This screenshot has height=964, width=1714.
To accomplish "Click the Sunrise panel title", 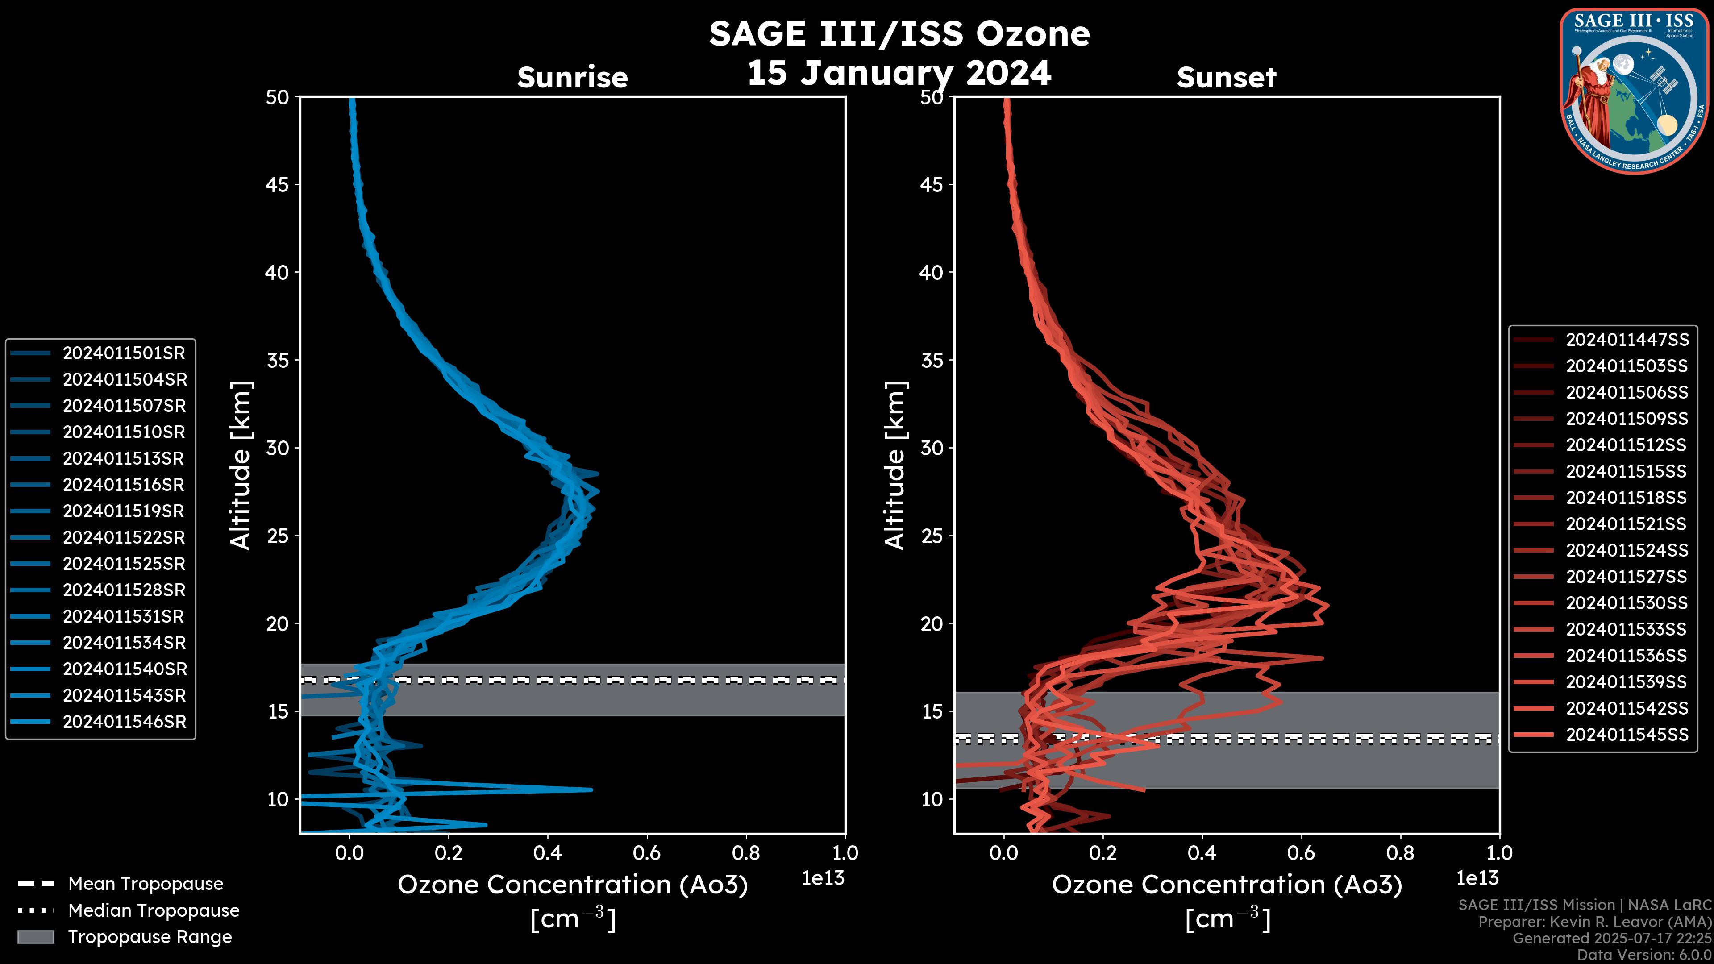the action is pyautogui.click(x=572, y=77).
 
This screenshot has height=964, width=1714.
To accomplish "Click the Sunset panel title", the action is pyautogui.click(x=1226, y=77).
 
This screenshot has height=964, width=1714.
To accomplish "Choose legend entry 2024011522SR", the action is pyautogui.click(x=124, y=537).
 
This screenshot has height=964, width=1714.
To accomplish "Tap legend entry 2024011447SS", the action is pyautogui.click(x=1627, y=340).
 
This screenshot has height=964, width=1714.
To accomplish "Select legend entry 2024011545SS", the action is pyautogui.click(x=1627, y=735).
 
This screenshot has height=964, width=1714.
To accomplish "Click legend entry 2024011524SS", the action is pyautogui.click(x=1627, y=550).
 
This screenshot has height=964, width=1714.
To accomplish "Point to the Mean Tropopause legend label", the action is pyautogui.click(x=146, y=884).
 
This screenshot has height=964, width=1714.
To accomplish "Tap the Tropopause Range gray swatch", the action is pyautogui.click(x=36, y=937).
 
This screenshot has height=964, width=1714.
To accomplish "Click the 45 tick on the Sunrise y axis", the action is pyautogui.click(x=278, y=184).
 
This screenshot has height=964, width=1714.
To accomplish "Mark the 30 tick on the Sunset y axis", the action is pyautogui.click(x=932, y=448).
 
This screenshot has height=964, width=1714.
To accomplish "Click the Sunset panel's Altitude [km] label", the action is pyautogui.click(x=895, y=465).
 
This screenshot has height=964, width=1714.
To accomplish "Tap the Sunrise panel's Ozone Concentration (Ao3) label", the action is pyautogui.click(x=572, y=885).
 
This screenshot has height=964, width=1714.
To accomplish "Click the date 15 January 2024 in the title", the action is pyautogui.click(x=899, y=72).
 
